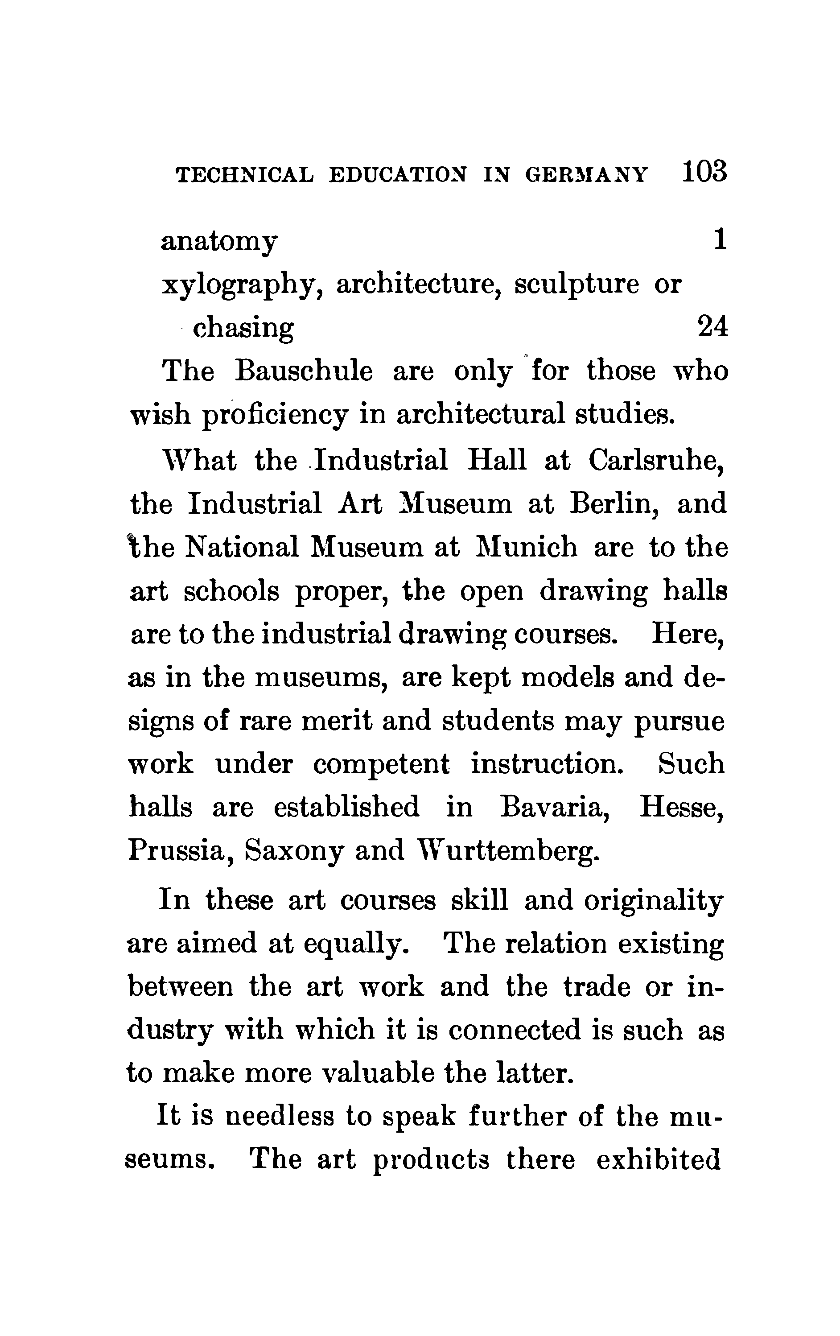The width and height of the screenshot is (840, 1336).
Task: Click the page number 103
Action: (x=704, y=172)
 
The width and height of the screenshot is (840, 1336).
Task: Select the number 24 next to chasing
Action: (x=712, y=327)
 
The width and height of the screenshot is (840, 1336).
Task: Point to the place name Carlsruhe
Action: (x=656, y=460)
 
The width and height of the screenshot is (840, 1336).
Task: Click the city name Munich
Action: (x=527, y=547)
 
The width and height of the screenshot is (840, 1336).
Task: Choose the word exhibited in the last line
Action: (x=659, y=1159)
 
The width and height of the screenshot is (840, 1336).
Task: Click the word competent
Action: (x=381, y=764)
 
